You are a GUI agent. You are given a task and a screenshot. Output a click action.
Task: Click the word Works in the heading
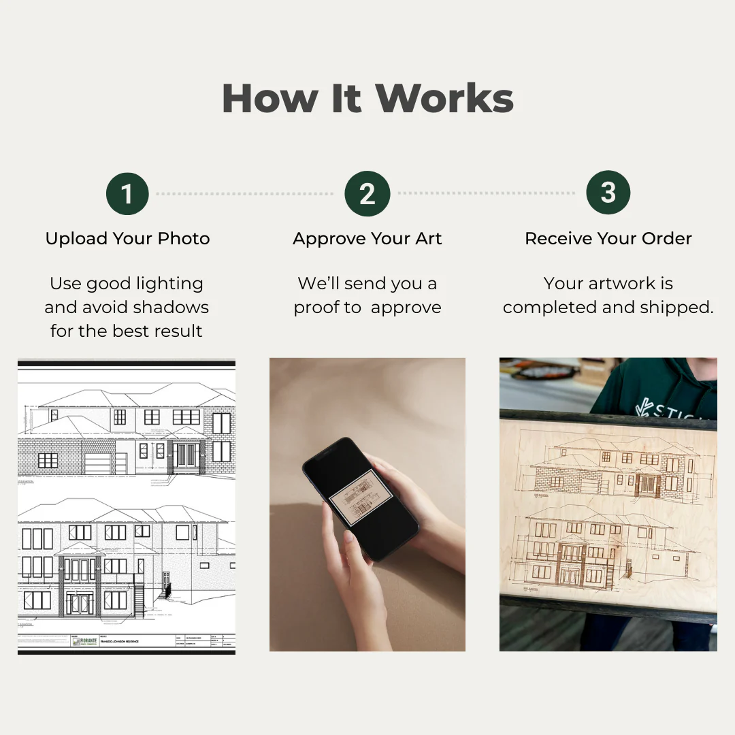(444, 99)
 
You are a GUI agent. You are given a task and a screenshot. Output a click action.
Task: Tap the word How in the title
(270, 99)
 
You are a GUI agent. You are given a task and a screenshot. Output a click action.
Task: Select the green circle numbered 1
(127, 193)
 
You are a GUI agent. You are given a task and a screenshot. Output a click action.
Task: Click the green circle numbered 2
(367, 193)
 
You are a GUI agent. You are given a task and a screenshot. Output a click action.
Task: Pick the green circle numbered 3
(608, 193)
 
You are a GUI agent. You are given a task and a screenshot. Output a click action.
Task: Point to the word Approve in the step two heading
(329, 240)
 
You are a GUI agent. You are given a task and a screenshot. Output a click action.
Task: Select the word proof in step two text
(318, 308)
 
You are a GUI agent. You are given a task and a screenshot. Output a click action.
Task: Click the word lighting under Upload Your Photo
(169, 284)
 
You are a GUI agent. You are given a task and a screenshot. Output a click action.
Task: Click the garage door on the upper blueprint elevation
(97, 463)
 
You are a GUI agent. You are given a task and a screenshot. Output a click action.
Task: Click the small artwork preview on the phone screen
(359, 497)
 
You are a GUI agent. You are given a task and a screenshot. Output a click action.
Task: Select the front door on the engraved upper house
(647, 485)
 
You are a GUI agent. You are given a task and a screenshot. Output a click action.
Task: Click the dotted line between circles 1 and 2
(245, 194)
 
